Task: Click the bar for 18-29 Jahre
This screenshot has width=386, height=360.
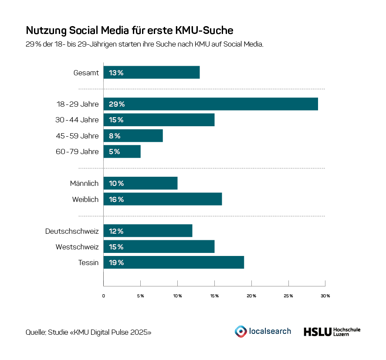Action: point(210,104)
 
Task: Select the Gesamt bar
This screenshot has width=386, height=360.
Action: point(152,73)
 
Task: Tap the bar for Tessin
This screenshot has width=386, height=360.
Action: point(173,262)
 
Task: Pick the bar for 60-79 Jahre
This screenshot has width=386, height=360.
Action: point(122,151)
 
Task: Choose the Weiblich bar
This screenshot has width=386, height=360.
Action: point(163,199)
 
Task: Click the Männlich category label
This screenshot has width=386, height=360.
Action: point(84,183)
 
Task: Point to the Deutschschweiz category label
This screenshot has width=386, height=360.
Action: point(72,231)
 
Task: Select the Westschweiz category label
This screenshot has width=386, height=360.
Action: point(77,247)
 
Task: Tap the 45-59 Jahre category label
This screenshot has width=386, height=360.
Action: point(77,136)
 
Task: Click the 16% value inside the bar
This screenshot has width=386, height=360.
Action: point(116,199)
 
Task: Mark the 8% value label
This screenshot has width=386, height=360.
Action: point(115,136)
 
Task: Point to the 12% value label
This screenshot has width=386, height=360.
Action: point(116,231)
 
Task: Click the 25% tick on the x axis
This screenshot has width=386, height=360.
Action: point(288,296)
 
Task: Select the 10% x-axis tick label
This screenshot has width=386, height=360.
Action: point(177,296)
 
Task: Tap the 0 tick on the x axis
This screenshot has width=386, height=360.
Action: point(104,296)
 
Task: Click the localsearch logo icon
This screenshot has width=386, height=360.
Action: point(240,331)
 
